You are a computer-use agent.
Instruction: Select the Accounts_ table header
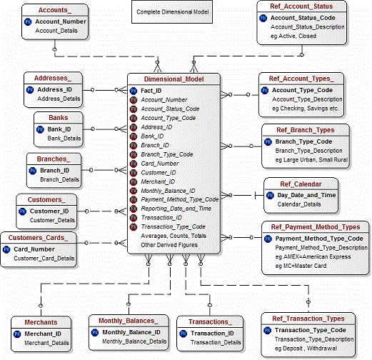[43, 10]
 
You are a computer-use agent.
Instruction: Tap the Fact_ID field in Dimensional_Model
[154, 91]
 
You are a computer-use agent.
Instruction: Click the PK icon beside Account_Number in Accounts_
[29, 22]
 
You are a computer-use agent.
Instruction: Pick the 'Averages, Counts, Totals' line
[174, 235]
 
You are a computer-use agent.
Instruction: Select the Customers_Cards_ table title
[39, 237]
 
